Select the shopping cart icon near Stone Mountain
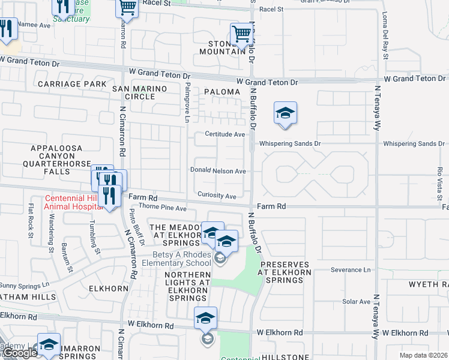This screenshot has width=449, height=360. tap(241, 35)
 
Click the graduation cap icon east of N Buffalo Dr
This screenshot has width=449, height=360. tap(286, 113)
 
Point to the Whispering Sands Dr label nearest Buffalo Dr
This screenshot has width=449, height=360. tap(290, 144)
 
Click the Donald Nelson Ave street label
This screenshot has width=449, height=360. tap(218, 171)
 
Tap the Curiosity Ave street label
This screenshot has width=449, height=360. tap(217, 196)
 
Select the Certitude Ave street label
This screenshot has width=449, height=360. tap(224, 134)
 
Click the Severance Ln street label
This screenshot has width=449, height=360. tap(351, 270)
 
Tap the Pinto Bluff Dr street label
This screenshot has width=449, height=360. tap(136, 227)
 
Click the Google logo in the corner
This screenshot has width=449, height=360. tap(20, 353)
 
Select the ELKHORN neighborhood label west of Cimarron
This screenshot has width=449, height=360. tap(109, 289)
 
